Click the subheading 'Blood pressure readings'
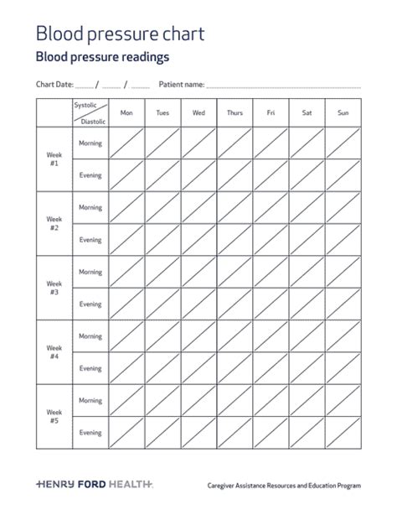[102, 57]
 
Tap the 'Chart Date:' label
[54, 85]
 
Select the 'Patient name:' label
[181, 85]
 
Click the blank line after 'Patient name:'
[283, 86]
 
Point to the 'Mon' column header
[126, 112]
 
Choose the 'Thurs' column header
[235, 112]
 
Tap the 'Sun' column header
[343, 112]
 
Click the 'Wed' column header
[198, 112]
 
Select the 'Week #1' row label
[54, 159]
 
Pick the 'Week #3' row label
[54, 289]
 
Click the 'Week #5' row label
[54, 417]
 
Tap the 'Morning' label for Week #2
[90, 208]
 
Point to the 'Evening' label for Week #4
[90, 368]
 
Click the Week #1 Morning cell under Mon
[126, 143]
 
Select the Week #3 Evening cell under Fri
[271, 304]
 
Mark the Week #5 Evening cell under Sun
[343, 433]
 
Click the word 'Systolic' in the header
[85, 106]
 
